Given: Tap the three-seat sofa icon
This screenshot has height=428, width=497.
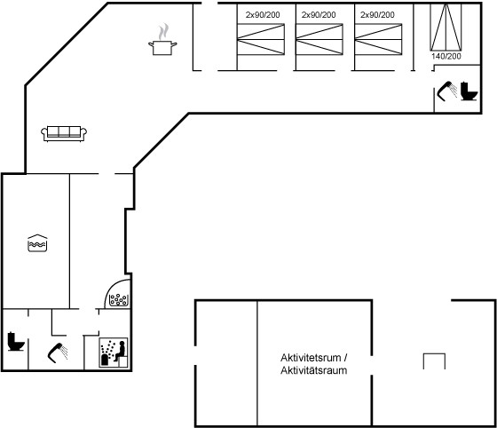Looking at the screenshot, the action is pos(64,133).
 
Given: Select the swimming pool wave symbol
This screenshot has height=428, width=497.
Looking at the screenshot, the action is pos(37,243).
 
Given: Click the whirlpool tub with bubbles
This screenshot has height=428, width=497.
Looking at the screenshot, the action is pos(119,299).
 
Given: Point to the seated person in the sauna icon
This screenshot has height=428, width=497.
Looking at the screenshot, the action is pos(120,351).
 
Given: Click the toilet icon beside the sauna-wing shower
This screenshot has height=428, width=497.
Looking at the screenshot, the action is pos(16,342).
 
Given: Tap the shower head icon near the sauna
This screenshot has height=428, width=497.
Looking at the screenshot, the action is pos(58,353).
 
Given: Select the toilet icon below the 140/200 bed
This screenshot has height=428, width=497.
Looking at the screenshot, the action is pos(469,91).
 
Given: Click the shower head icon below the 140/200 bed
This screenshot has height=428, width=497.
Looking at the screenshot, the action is pos(447,91).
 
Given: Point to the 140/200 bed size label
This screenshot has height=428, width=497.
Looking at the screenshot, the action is pos(446,57).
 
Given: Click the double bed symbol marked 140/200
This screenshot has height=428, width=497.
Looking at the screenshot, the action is pos(446,27).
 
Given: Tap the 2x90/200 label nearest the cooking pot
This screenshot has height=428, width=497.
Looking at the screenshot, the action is pos(263,14).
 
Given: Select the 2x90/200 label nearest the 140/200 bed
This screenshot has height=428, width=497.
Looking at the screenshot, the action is pos(377,14).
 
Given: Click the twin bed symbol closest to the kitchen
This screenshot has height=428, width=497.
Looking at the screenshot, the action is pos(261,39).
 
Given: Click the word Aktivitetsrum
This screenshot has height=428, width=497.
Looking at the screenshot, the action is pos(311,358).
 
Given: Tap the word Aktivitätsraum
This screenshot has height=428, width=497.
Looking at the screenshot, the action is pos(314,370).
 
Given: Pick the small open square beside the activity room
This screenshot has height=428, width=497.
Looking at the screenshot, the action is pos(434,361).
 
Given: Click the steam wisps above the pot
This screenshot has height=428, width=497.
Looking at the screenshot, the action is pos(163,31).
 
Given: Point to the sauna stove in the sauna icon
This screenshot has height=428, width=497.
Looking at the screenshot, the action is pos(105,360).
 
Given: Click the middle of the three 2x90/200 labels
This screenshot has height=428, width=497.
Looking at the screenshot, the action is pos(319,14).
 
